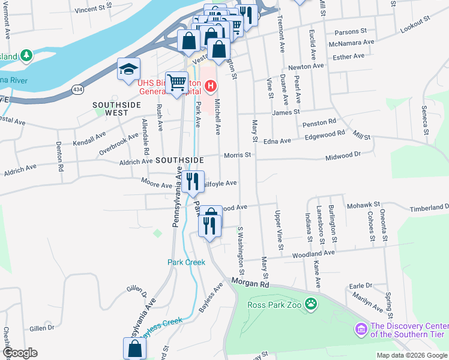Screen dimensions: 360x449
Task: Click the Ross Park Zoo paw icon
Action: point(311,304)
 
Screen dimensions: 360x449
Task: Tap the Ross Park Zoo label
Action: point(276,304)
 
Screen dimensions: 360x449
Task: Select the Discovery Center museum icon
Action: point(361,329)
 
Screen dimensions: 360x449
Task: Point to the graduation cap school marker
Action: point(128,70)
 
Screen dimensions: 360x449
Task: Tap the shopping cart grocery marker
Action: point(176,83)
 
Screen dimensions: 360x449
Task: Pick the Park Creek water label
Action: point(186,262)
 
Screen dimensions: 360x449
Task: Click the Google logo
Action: point(19,353)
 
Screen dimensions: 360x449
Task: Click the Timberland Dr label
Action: point(429,208)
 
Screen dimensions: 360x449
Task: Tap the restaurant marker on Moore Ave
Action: point(192,181)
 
